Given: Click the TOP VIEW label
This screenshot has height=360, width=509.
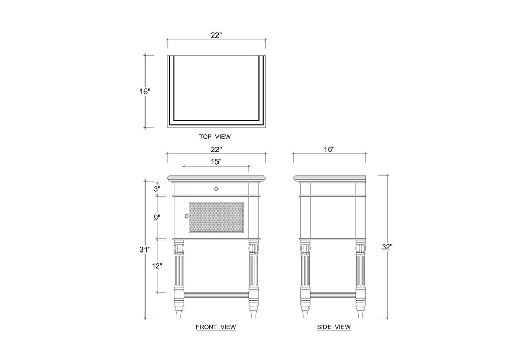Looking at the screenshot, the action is coord(215,137).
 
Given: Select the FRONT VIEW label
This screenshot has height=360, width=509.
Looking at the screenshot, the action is coord(216,327).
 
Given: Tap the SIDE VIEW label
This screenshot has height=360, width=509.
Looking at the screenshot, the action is coord(334,327).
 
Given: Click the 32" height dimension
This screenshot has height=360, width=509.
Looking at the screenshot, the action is coord(387,247).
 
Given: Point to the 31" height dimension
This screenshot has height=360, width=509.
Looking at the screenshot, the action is coord(145,249).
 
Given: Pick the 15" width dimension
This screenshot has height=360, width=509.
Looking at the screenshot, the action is coord(216,161).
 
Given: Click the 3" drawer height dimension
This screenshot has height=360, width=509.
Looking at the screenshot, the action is coord(157,189).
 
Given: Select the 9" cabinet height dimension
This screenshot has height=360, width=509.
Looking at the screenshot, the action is coord(157,218).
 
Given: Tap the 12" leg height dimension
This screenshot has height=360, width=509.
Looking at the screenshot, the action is coord(157,266).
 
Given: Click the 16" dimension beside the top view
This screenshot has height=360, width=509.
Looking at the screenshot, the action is coord(145,92).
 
